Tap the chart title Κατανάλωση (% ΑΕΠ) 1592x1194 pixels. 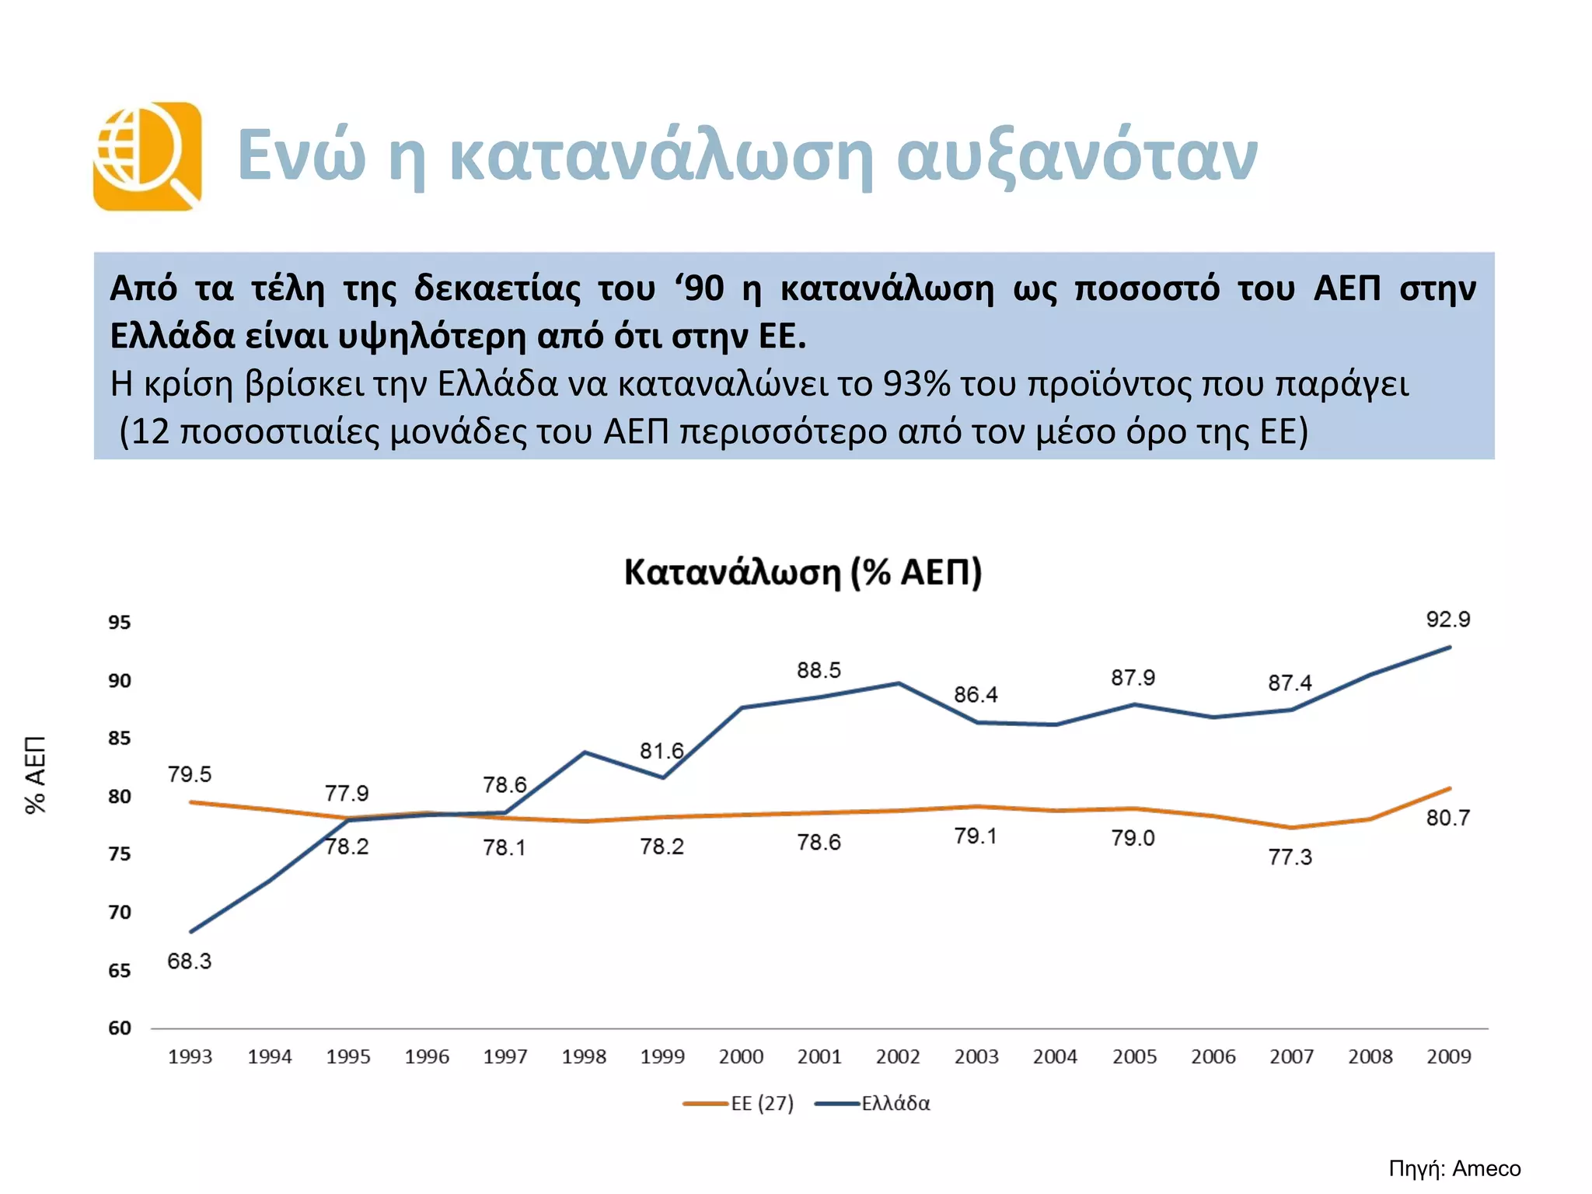point(803,573)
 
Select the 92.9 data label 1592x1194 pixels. point(1447,620)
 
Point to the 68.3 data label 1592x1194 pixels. point(189,962)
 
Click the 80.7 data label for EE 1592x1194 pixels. point(1447,818)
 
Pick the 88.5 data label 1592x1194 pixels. point(819,670)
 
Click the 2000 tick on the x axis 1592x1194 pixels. point(741,1056)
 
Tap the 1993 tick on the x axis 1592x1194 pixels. point(190,1056)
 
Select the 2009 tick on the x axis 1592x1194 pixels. point(1448,1056)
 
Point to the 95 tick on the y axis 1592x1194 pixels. point(120,622)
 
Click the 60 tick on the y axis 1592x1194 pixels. point(120,1028)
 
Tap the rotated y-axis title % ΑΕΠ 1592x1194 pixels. point(36,774)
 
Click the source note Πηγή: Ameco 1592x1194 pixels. point(1454,1168)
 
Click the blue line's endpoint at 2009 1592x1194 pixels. point(1449,648)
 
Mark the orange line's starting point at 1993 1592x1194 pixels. point(190,801)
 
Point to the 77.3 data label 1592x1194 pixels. point(1290,857)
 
